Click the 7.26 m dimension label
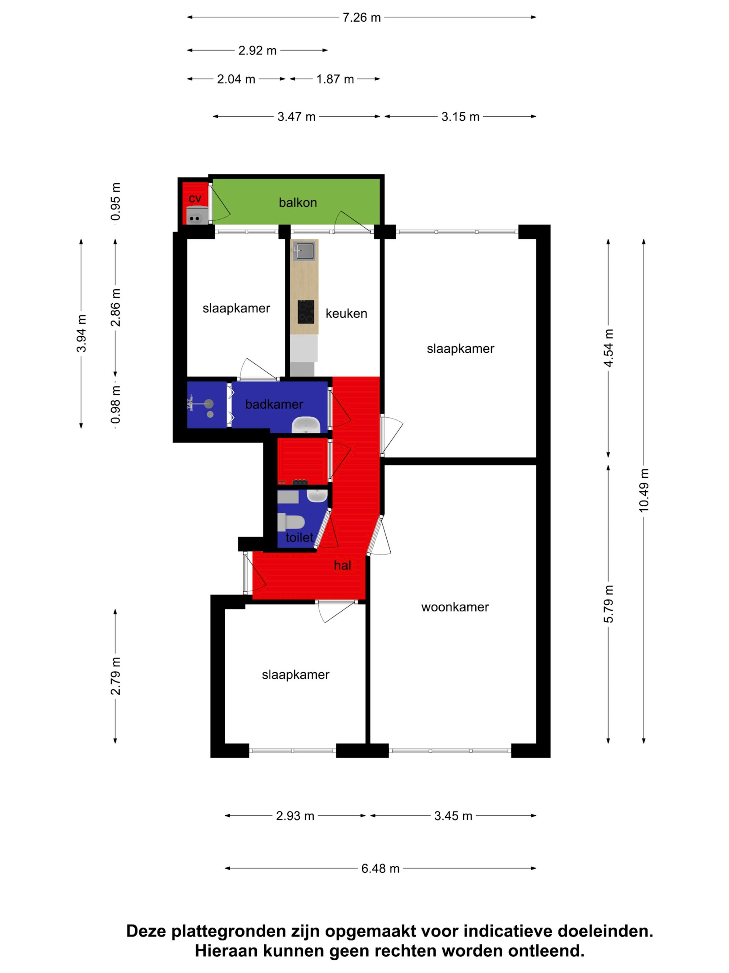(x=361, y=17)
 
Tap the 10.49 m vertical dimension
(x=643, y=490)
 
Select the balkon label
(x=298, y=203)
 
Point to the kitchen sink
(x=304, y=251)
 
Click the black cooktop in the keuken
(x=305, y=311)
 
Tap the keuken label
(x=346, y=314)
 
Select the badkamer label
(x=274, y=404)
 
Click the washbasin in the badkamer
(x=306, y=425)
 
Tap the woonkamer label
(x=454, y=607)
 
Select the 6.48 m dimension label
(x=380, y=869)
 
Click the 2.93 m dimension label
(x=295, y=816)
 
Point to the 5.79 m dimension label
(x=608, y=604)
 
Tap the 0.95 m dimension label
(x=115, y=201)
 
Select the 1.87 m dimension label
(x=335, y=79)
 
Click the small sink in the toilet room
(x=316, y=496)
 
